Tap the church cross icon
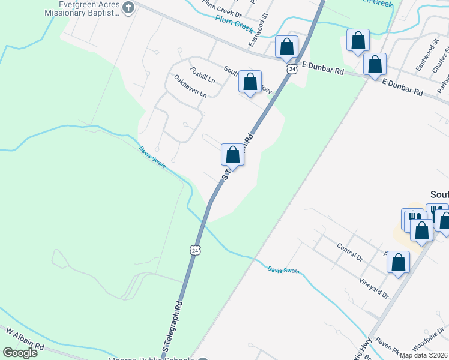click(x=128, y=7)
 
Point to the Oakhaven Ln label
click(x=190, y=86)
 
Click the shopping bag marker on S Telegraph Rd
click(x=233, y=155)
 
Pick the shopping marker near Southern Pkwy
click(x=250, y=81)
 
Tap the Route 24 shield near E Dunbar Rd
click(x=292, y=69)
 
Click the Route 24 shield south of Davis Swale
click(x=194, y=250)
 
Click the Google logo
click(x=20, y=353)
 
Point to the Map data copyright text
click(x=423, y=355)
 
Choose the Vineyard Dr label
click(x=375, y=287)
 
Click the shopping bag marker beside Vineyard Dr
click(x=398, y=262)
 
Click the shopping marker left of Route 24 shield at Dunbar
click(x=287, y=46)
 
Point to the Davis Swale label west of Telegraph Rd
click(x=152, y=157)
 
